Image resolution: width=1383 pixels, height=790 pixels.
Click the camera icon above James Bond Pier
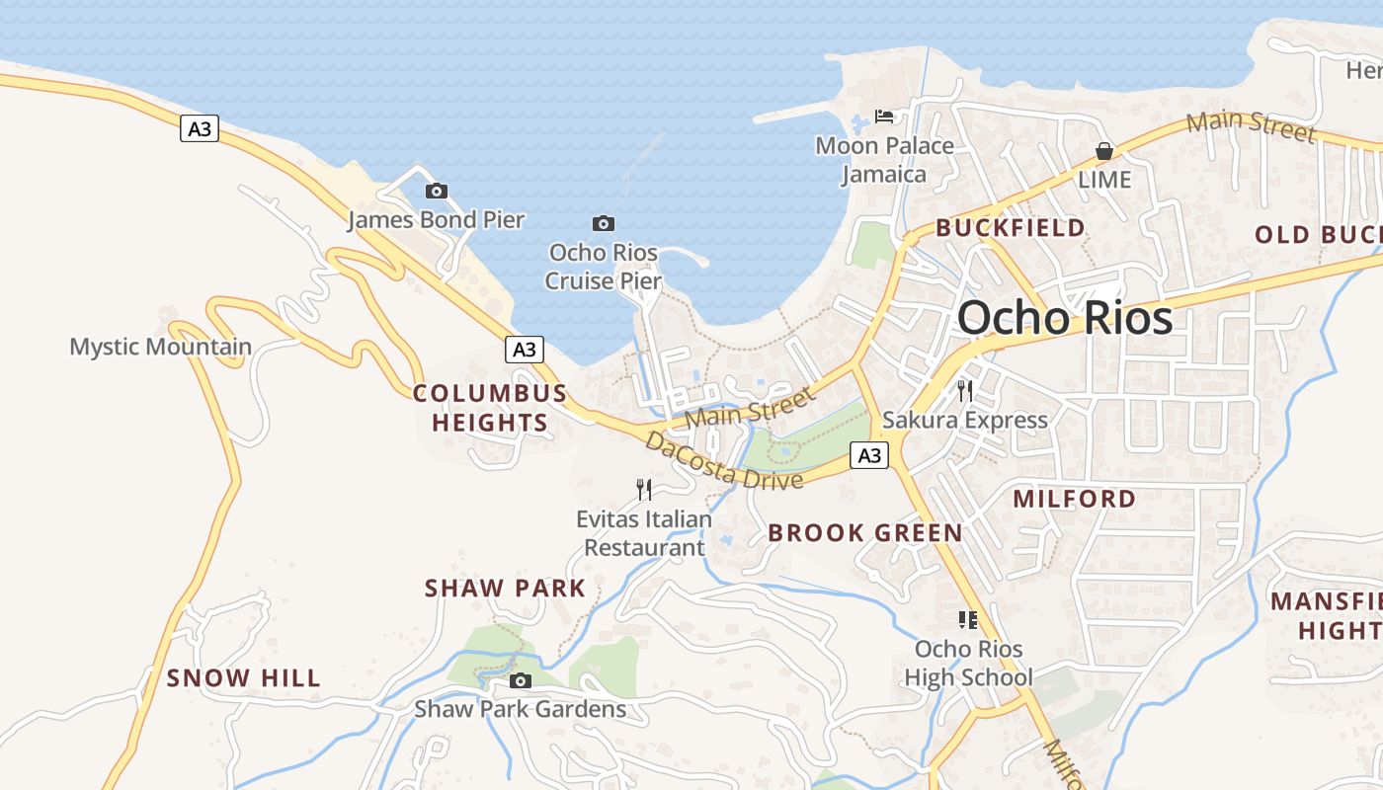tap(436, 191)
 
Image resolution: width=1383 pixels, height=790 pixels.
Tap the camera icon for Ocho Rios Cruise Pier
tap(603, 223)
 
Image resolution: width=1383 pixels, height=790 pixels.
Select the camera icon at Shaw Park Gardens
tap(520, 680)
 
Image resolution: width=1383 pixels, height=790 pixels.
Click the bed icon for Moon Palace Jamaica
tap(884, 117)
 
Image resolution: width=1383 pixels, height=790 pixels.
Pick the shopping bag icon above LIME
tap(1103, 151)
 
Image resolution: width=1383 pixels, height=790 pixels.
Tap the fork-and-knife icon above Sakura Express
tap(965, 391)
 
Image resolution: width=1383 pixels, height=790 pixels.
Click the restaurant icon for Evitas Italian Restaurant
tap(644, 489)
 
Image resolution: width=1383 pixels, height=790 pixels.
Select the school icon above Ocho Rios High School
tap(968, 620)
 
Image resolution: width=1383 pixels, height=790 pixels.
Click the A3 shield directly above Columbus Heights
tap(525, 349)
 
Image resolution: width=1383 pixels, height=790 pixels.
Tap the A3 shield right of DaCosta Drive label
tap(869, 455)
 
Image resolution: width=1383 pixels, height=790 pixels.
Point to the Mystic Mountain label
tap(160, 347)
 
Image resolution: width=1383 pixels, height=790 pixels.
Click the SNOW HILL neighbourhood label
tap(243, 677)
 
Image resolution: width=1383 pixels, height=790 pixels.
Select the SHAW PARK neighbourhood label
tap(505, 589)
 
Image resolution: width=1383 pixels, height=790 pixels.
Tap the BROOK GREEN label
tap(864, 533)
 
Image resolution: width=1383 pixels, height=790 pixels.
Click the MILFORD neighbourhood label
tap(1074, 499)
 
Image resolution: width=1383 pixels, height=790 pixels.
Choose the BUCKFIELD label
tap(1010, 228)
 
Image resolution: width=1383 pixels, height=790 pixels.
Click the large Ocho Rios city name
tap(1064, 318)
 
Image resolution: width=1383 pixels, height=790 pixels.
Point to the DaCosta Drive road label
tap(723, 461)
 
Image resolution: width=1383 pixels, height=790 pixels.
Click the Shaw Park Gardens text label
tap(520, 709)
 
